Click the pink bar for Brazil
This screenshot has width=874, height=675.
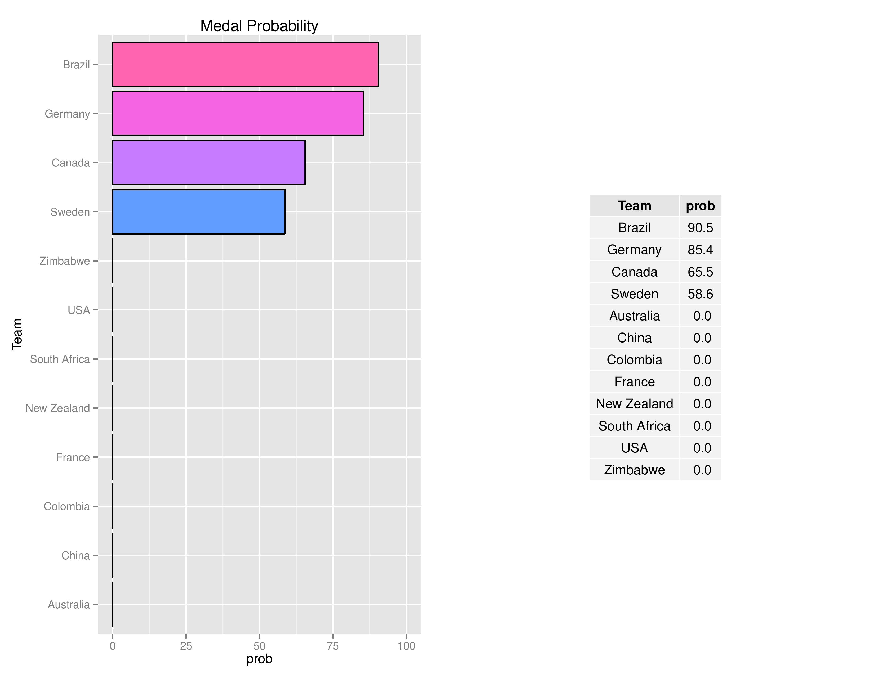tap(245, 64)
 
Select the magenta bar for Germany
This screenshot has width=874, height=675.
tap(238, 114)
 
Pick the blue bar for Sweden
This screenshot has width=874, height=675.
tap(198, 211)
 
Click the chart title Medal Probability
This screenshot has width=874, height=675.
tap(259, 26)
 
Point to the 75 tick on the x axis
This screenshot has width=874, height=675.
tap(333, 646)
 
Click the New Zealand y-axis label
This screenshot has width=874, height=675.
tap(58, 408)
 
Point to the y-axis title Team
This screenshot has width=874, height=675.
tap(17, 334)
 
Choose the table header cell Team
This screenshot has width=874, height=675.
tap(634, 206)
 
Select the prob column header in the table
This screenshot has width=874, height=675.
tap(700, 206)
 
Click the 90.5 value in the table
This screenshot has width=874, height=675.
tap(700, 228)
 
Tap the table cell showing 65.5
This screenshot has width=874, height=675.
tap(700, 272)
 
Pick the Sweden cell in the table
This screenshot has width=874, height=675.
tap(634, 294)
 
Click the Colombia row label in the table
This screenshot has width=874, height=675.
tap(634, 360)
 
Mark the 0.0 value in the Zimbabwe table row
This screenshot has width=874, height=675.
tap(702, 470)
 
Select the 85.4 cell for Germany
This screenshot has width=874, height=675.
tap(700, 250)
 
